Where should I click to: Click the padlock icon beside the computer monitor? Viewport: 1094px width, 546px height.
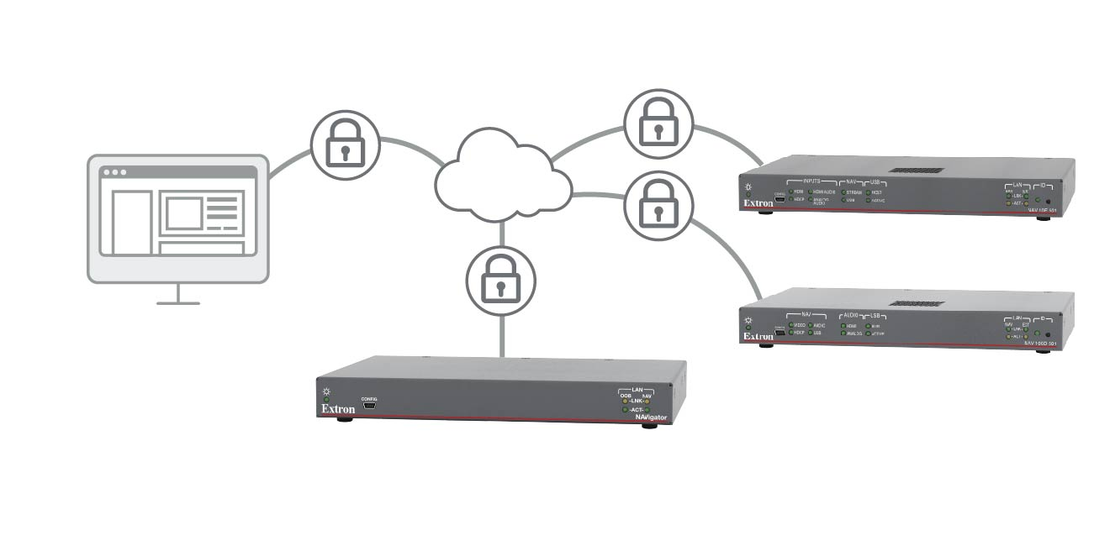point(346,144)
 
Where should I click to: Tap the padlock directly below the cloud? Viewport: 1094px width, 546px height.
point(500,281)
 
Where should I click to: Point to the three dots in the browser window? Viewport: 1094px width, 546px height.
point(114,172)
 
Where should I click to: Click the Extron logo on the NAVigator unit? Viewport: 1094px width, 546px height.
point(338,409)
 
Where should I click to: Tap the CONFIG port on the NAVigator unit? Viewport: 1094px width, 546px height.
point(369,407)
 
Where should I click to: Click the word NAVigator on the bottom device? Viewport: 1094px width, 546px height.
point(651,417)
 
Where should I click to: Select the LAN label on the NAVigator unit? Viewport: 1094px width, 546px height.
point(637,390)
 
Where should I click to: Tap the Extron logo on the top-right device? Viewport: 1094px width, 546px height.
point(758,203)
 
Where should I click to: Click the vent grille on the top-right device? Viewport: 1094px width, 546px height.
point(917,171)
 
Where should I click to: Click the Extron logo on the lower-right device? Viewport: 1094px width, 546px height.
point(758,336)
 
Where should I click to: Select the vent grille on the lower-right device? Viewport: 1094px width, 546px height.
point(917,303)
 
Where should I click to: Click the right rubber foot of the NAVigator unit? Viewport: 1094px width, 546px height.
point(648,427)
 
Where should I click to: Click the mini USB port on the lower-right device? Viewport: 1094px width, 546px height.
point(780,333)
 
